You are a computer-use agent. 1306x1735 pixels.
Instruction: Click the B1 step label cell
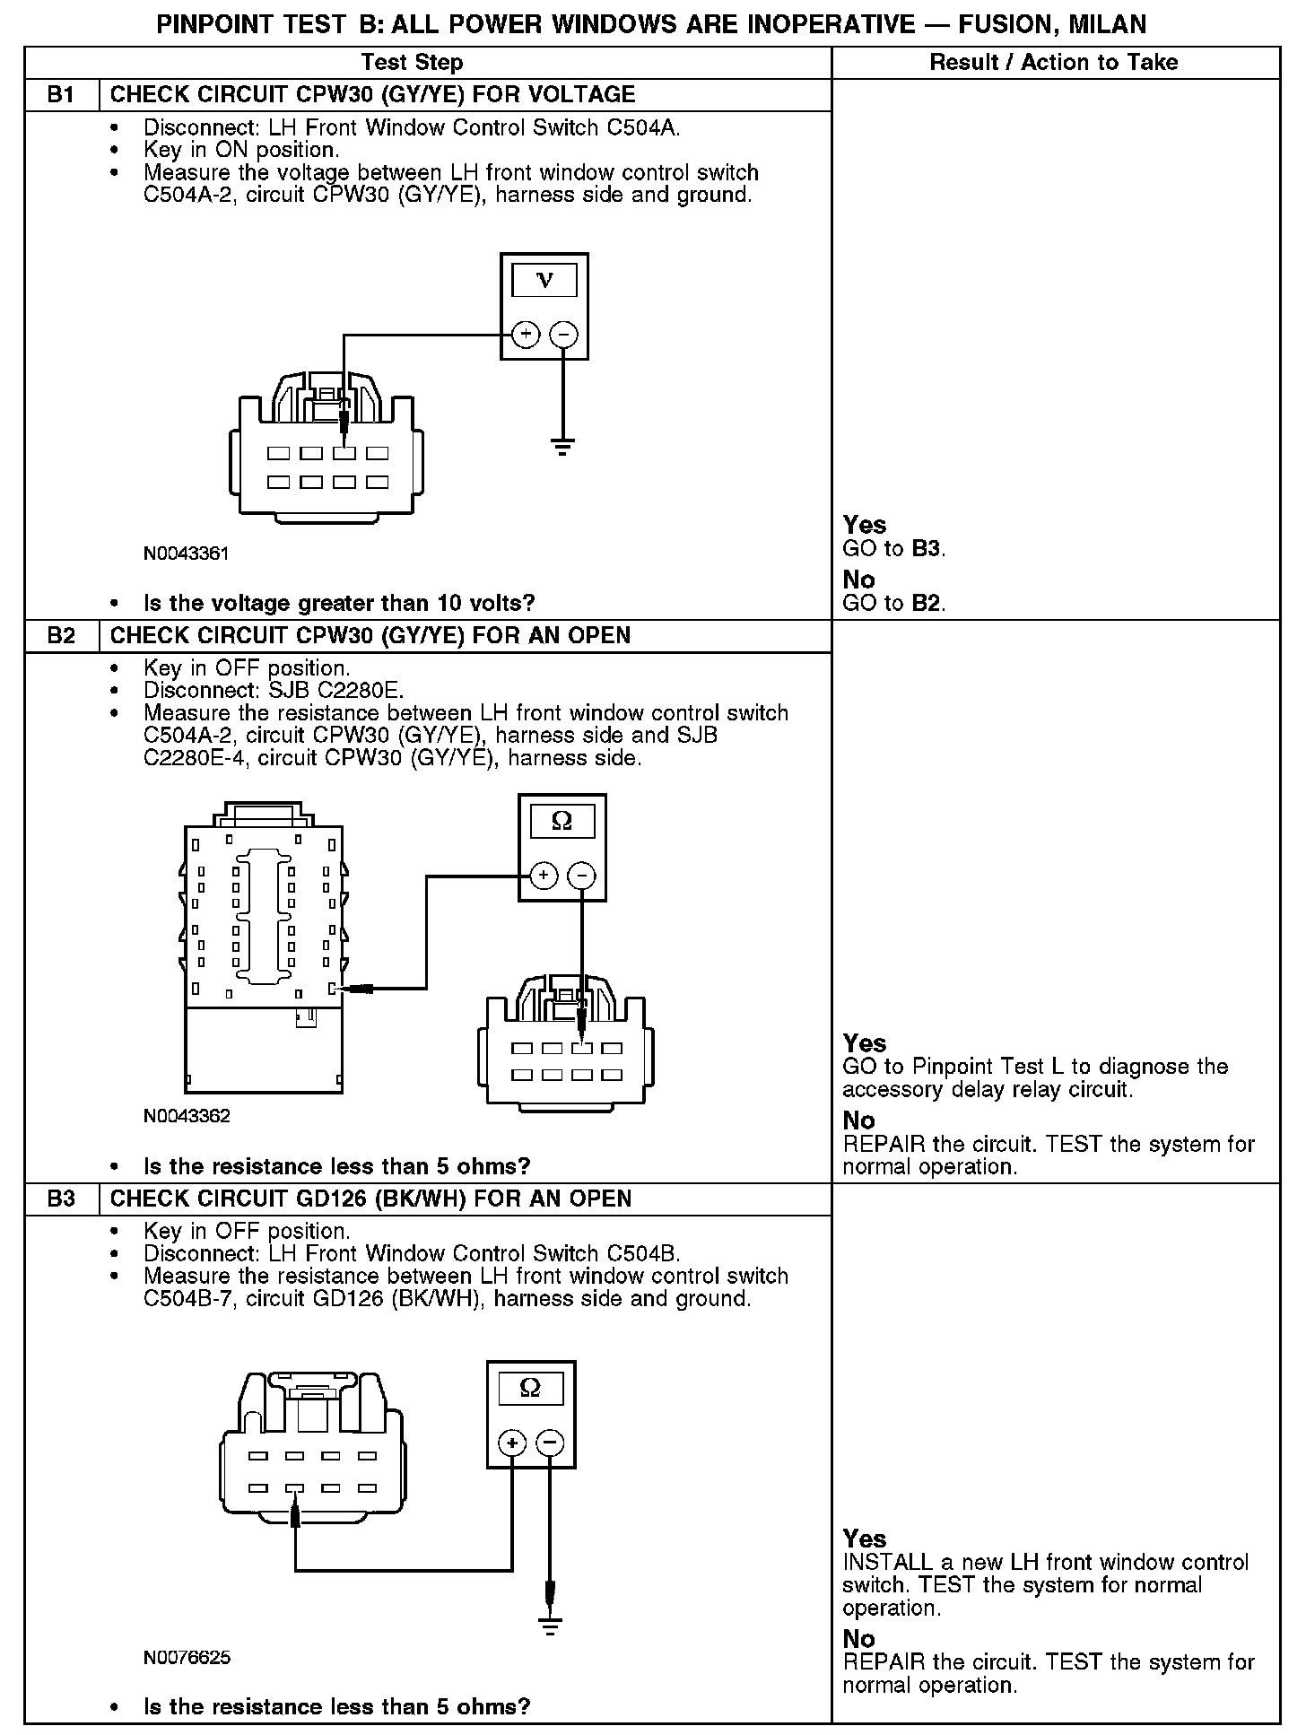pos(61,94)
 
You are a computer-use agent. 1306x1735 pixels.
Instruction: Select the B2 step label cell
pos(61,635)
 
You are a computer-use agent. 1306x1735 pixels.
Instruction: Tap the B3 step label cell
pos(61,1199)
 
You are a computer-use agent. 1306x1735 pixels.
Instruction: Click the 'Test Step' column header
pos(412,62)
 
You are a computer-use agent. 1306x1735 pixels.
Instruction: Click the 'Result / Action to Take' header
pos(1054,62)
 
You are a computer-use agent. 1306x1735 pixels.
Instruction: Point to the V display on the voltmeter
pos(544,280)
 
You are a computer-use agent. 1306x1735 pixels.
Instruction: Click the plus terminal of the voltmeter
pos(526,335)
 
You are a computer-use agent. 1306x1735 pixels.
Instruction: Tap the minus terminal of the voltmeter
pos(563,335)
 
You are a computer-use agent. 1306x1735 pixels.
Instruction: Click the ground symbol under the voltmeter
pos(562,446)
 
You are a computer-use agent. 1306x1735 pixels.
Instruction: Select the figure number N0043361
pos(187,554)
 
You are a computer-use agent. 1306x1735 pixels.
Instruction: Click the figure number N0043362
pos(187,1116)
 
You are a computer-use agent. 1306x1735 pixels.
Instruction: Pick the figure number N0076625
pos(187,1657)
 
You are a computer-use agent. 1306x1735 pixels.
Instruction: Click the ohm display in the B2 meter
pos(562,821)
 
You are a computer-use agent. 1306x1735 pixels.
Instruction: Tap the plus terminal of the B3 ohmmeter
pos(512,1443)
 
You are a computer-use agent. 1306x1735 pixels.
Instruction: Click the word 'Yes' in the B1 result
pos(865,525)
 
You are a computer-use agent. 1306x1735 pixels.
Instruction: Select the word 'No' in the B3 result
pos(858,1637)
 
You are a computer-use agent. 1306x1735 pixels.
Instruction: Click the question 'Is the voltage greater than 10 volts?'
pos(339,603)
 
